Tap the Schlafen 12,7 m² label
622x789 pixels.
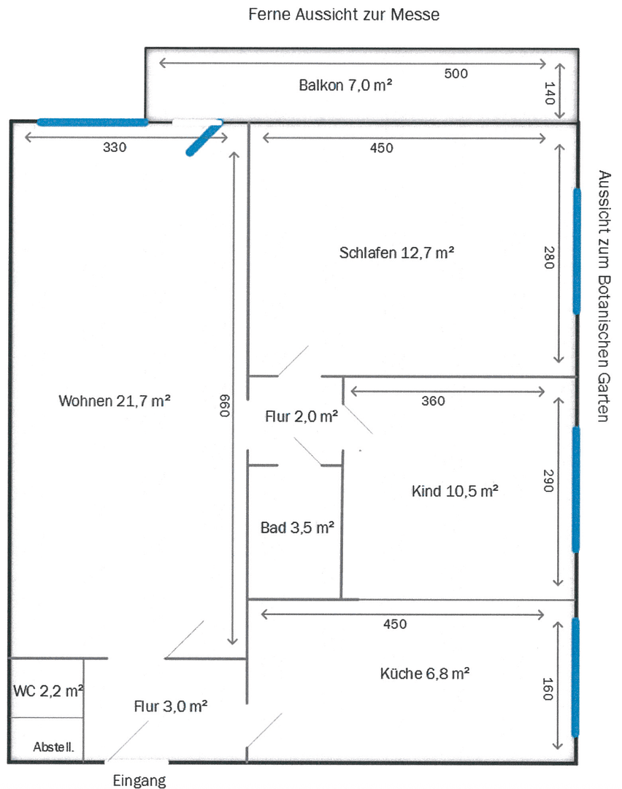pos(396,253)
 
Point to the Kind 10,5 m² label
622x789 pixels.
pos(455,491)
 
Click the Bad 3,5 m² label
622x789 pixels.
pos(297,527)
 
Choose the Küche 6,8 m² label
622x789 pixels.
pos(424,674)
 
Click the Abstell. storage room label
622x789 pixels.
pos(54,748)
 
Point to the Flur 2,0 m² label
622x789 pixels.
pos(300,417)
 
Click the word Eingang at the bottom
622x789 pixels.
pos(139,780)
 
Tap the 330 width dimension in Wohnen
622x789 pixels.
pos(114,147)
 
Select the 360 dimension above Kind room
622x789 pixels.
pos(433,401)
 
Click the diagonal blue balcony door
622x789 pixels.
pos(204,138)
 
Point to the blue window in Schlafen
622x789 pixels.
pos(576,251)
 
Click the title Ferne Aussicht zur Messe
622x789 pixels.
pos(344,15)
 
